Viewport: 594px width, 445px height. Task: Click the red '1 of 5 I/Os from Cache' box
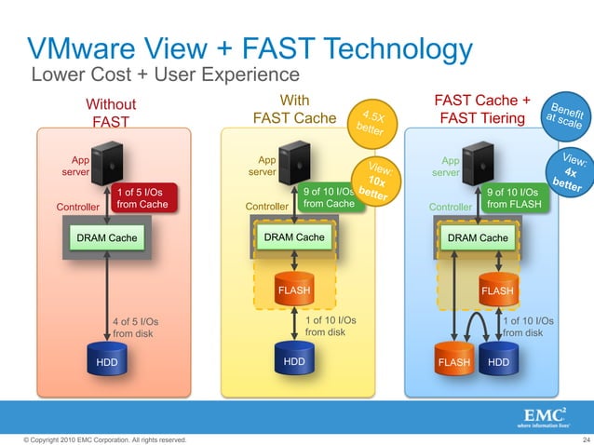click(x=142, y=197)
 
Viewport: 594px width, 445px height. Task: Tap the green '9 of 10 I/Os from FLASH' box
click(x=513, y=197)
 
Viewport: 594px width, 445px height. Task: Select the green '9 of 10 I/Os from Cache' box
click(x=329, y=197)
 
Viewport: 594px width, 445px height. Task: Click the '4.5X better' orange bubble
click(x=374, y=126)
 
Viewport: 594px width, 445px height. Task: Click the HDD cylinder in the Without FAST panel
click(x=107, y=360)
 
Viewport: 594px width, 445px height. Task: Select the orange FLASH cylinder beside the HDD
click(x=455, y=360)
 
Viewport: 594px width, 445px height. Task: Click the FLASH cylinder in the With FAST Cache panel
click(x=294, y=289)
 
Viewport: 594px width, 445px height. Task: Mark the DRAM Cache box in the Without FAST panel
click(x=107, y=238)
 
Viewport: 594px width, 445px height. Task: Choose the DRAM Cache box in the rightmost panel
click(x=479, y=238)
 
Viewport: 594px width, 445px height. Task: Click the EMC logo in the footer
click(x=544, y=415)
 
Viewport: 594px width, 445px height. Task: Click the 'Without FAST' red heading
click(x=111, y=112)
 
